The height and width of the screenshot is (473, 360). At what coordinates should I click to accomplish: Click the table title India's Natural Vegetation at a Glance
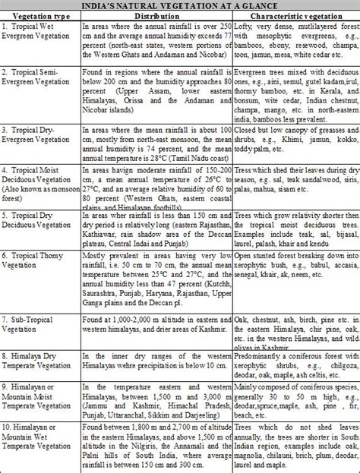(180, 6)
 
